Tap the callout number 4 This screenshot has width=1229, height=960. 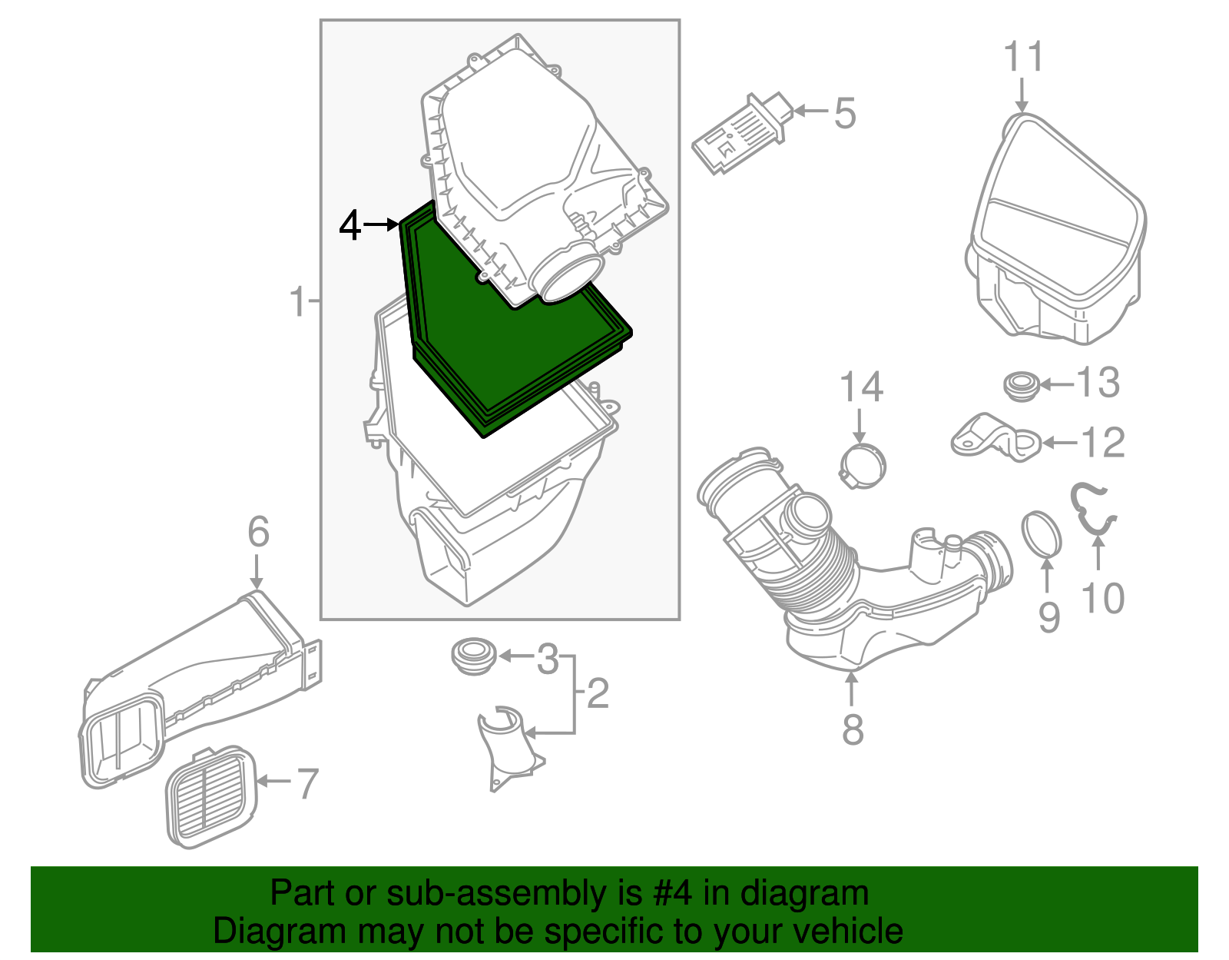point(350,226)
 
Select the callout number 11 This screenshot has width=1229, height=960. point(1023,58)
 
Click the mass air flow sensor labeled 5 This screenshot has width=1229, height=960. point(737,136)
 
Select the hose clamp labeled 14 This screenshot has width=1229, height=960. point(862,466)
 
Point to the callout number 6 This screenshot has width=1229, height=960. point(258,532)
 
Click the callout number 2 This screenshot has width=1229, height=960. point(598,694)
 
